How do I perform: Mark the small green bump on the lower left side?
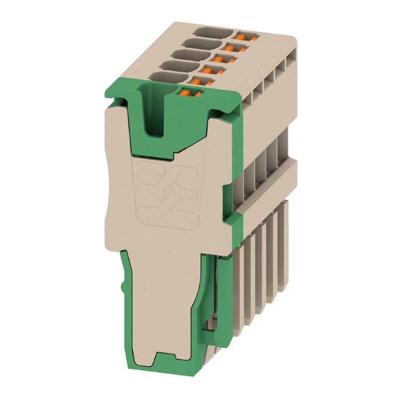coord(123,287)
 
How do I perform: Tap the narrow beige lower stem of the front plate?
coord(166,301)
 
